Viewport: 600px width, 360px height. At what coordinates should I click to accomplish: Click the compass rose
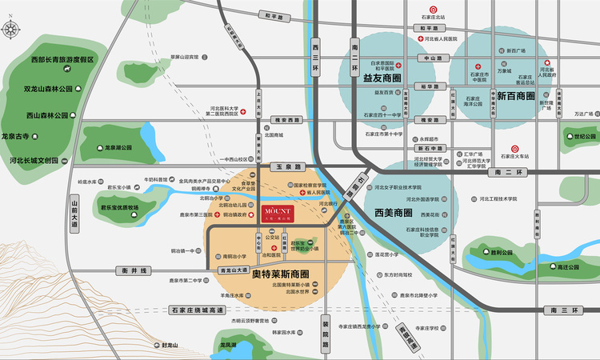coord(11,30)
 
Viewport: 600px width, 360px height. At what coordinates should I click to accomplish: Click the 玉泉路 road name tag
coord(287,167)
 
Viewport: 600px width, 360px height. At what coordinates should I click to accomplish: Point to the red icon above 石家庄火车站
coord(515,147)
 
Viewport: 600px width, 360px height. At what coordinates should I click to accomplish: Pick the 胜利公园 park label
coord(502,252)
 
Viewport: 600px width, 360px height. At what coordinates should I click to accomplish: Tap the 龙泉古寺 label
coord(20,137)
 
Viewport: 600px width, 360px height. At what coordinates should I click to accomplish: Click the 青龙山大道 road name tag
coord(234,270)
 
